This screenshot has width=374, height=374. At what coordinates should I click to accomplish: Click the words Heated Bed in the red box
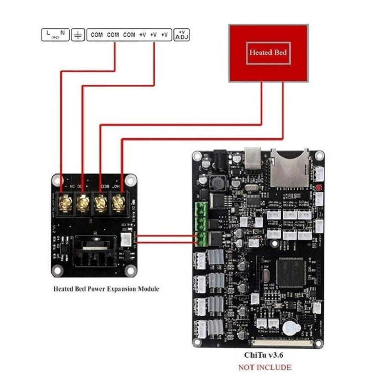(268, 52)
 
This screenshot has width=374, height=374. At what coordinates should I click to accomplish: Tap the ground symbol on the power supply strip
(78, 35)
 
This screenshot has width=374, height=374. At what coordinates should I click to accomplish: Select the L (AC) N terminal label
(55, 35)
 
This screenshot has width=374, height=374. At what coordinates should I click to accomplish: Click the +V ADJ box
(182, 35)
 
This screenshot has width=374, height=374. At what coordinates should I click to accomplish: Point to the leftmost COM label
(97, 35)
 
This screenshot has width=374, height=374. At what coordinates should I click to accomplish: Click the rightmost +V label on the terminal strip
(165, 35)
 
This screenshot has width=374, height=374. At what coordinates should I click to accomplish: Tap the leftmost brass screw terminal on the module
(65, 201)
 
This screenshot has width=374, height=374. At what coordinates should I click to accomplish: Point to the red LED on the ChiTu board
(318, 188)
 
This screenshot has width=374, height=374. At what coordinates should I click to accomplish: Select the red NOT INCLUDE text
(265, 367)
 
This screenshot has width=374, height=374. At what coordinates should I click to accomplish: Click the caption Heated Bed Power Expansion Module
(106, 289)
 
